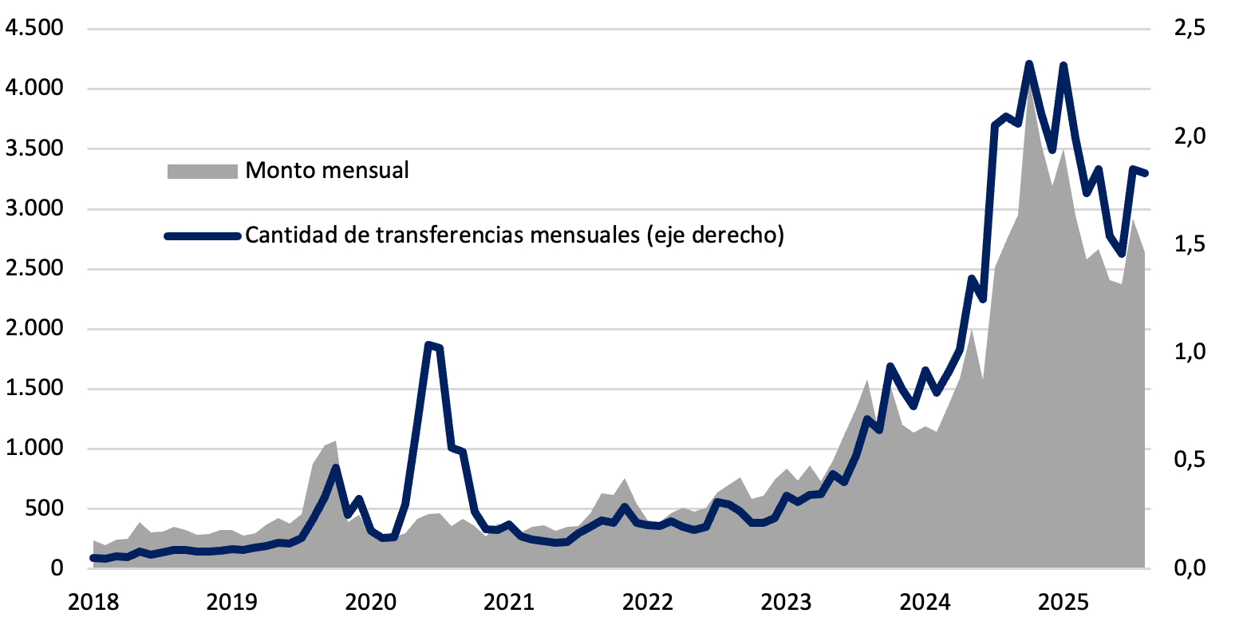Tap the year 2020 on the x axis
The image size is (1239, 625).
click(369, 600)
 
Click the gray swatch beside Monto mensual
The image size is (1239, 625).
click(202, 171)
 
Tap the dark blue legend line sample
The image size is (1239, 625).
click(202, 235)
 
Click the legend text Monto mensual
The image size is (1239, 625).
click(327, 170)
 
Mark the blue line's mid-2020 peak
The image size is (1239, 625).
click(429, 344)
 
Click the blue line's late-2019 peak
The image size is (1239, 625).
click(337, 468)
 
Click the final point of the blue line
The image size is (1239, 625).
click(1145, 173)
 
